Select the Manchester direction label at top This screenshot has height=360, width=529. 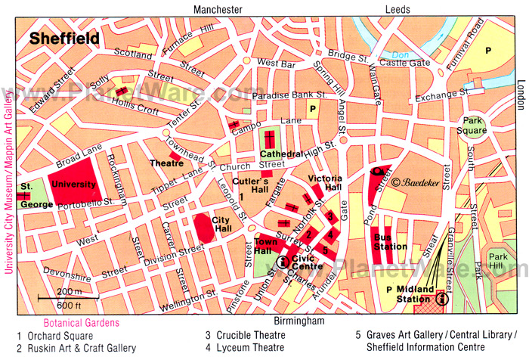click(218, 9)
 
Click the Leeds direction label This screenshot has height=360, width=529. click(398, 9)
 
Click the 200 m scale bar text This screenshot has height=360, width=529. click(70, 291)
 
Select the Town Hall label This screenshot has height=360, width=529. click(266, 246)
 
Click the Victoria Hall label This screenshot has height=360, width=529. click(325, 184)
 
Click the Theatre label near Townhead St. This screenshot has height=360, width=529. click(166, 163)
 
